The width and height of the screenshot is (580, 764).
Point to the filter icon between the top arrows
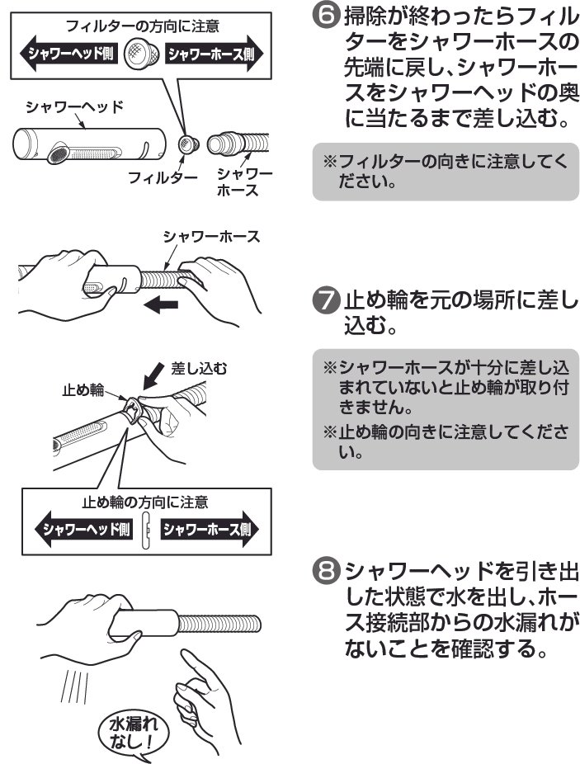[141, 56]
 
